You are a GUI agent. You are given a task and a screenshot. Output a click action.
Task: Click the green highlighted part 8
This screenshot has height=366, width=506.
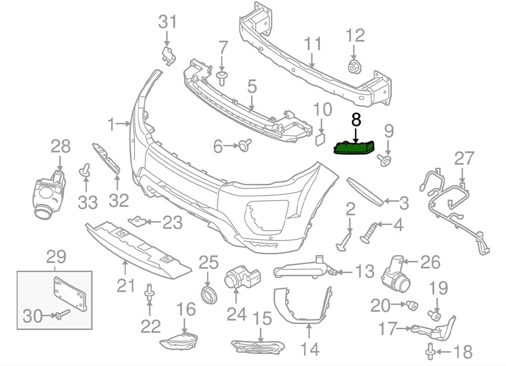pyautogui.click(x=354, y=147)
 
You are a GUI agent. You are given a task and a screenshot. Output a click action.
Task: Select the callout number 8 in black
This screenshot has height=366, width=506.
pyautogui.click(x=356, y=120)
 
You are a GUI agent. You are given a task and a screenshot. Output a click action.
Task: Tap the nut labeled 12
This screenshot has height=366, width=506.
pyautogui.click(x=353, y=66)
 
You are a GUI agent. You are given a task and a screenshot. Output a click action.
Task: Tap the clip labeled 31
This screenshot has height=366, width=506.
pyautogui.click(x=167, y=55)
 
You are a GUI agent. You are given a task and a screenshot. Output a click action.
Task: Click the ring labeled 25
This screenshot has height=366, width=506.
pyautogui.click(x=208, y=294)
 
